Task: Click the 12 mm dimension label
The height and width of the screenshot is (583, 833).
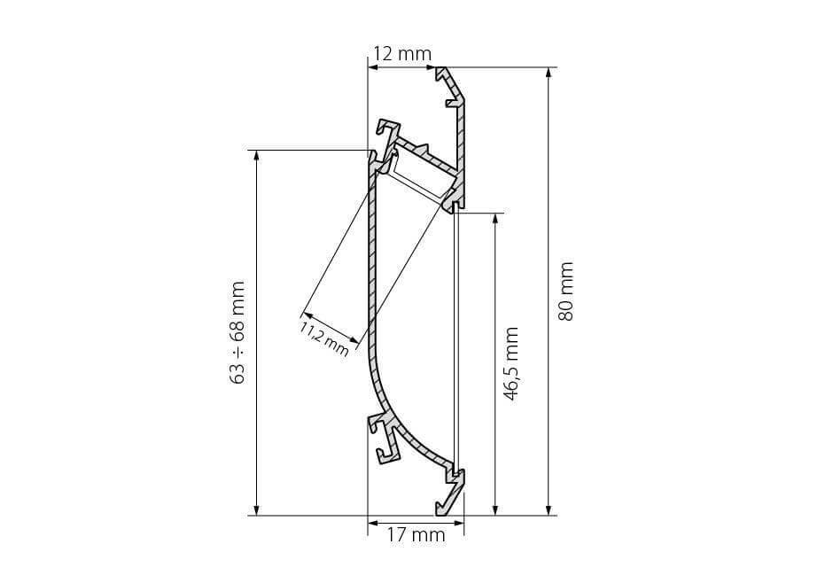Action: click(x=402, y=54)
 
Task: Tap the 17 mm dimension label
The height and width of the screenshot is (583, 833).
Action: click(x=416, y=534)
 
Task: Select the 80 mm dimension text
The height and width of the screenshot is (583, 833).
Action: click(x=565, y=291)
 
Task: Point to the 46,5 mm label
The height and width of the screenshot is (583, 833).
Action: click(x=510, y=364)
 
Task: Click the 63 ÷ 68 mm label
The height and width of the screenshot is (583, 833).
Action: click(x=237, y=333)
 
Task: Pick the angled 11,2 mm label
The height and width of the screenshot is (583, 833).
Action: click(x=324, y=338)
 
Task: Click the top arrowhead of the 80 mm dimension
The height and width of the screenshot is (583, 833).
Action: click(x=549, y=74)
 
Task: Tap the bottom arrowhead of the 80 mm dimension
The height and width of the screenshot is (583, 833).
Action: click(x=549, y=509)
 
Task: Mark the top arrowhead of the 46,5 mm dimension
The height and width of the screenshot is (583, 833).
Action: click(x=495, y=220)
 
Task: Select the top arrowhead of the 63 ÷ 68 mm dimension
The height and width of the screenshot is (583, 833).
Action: click(x=257, y=157)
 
